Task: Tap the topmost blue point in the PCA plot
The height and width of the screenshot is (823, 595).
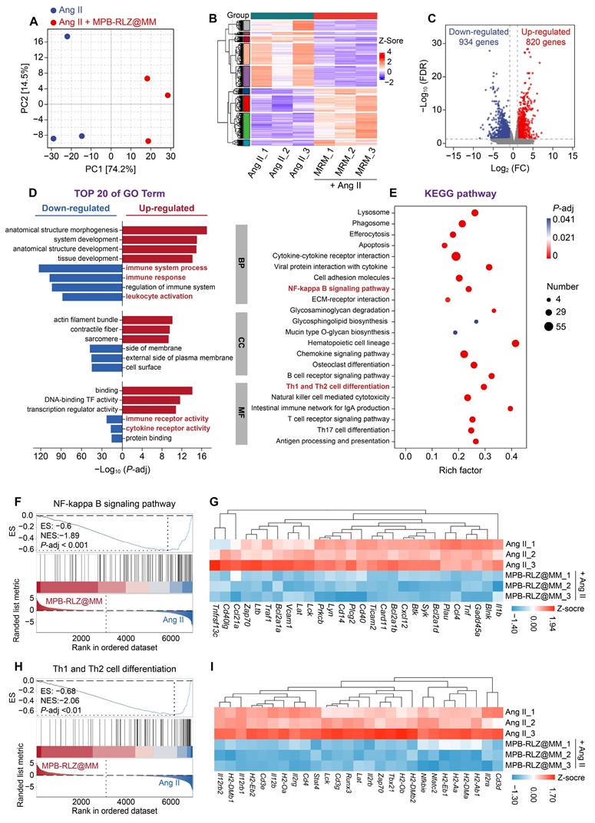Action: pyautogui.click(x=68, y=36)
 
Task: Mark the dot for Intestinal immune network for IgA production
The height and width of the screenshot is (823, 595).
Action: pyautogui.click(x=511, y=409)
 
